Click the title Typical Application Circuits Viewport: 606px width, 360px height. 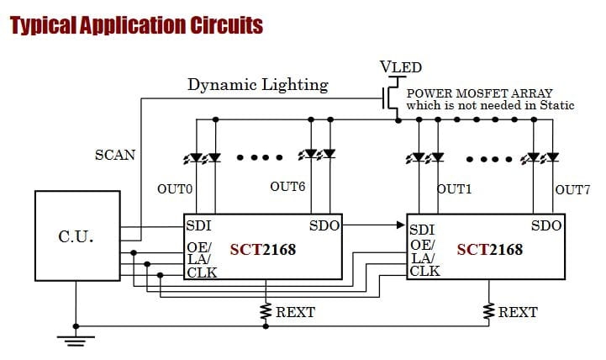(136, 24)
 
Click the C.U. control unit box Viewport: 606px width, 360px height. (76, 236)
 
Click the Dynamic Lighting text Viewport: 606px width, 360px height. (257, 85)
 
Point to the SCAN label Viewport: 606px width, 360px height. (115, 155)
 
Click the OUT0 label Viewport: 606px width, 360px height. (175, 189)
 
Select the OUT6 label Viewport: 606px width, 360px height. (287, 187)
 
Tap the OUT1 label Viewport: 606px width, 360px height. (455, 189)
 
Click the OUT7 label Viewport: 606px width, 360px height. (572, 189)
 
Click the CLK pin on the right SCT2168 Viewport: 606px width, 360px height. (424, 271)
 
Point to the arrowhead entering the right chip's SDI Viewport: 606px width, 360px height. (402, 225)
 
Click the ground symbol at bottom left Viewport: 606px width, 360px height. (76, 338)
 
